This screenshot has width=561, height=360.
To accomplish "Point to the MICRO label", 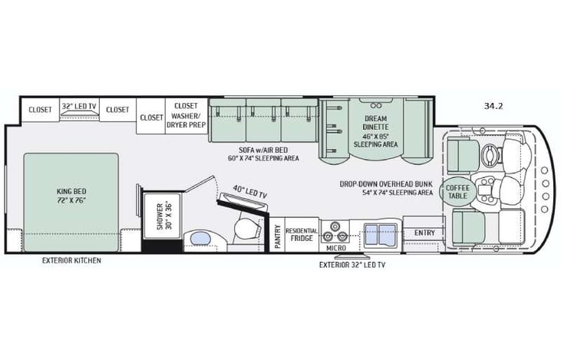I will [x=335, y=249].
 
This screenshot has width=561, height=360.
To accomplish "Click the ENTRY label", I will [x=424, y=233].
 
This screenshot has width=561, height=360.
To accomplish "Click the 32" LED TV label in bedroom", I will [x=79, y=107].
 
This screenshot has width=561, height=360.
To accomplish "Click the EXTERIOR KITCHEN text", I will [x=72, y=260].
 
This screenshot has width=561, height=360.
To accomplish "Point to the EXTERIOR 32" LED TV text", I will [x=352, y=265].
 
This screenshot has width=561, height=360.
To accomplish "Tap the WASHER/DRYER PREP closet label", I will [x=186, y=113].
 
